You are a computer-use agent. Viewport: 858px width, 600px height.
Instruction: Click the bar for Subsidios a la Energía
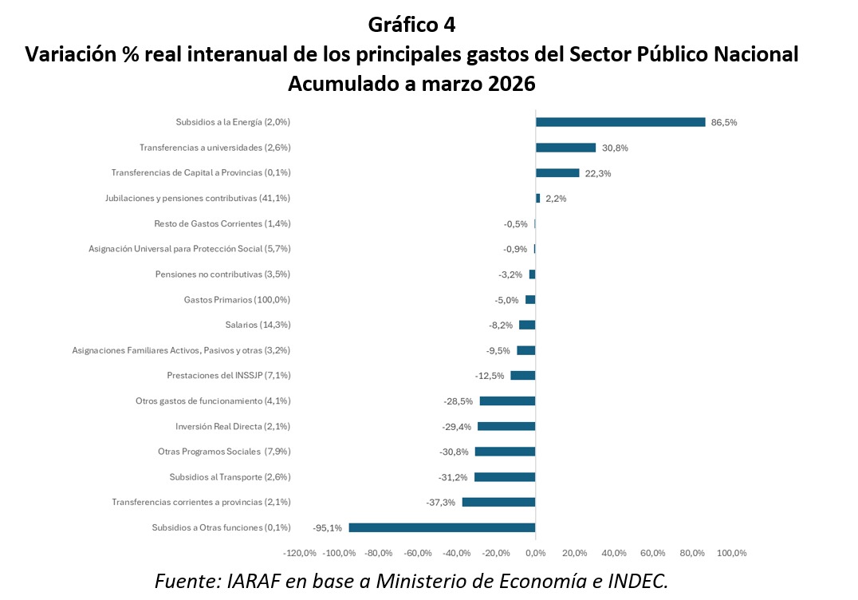pyautogui.click(x=620, y=122)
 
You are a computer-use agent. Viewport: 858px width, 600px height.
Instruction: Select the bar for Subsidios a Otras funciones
pyautogui.click(x=442, y=527)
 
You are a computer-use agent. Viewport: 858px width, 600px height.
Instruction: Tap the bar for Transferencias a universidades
pyautogui.click(x=565, y=148)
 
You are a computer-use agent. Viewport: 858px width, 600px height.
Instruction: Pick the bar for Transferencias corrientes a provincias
pyautogui.click(x=498, y=502)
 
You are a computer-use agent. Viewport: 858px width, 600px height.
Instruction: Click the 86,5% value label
pyautogui.click(x=724, y=123)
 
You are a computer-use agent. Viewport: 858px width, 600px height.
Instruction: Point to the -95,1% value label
pyautogui.click(x=327, y=528)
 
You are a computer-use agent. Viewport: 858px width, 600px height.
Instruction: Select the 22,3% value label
pyautogui.click(x=598, y=173)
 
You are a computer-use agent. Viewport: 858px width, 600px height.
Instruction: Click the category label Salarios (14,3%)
pyautogui.click(x=258, y=325)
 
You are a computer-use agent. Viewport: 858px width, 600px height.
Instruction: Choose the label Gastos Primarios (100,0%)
pyautogui.click(x=237, y=300)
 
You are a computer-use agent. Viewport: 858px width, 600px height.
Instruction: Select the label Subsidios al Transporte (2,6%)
pyautogui.click(x=230, y=477)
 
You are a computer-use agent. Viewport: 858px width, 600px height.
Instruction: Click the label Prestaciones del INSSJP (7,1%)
pyautogui.click(x=228, y=376)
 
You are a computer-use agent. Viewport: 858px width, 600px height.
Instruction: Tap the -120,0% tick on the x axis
pyautogui.click(x=300, y=553)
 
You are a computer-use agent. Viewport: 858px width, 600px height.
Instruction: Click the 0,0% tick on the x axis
pyautogui.click(x=535, y=553)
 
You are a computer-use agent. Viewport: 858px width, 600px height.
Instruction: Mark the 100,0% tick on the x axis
pyautogui.click(x=731, y=553)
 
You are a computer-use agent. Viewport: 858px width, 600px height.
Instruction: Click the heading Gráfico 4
pyautogui.click(x=411, y=25)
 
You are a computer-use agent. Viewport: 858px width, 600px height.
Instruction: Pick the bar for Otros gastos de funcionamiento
pyautogui.click(x=507, y=401)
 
